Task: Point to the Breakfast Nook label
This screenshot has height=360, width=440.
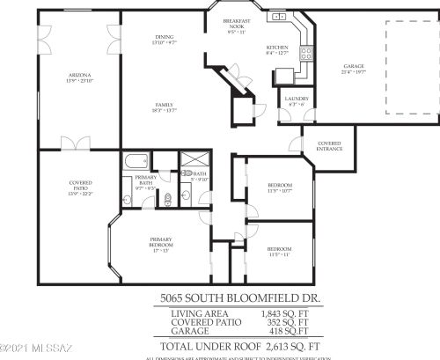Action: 237,24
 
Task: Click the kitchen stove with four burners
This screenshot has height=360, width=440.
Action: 306,53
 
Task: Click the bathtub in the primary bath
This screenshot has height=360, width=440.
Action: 136,161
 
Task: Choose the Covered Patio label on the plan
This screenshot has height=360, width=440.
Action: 80,188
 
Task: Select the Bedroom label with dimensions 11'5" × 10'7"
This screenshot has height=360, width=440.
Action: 279,187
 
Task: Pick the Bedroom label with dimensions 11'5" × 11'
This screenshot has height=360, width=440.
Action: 279,251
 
